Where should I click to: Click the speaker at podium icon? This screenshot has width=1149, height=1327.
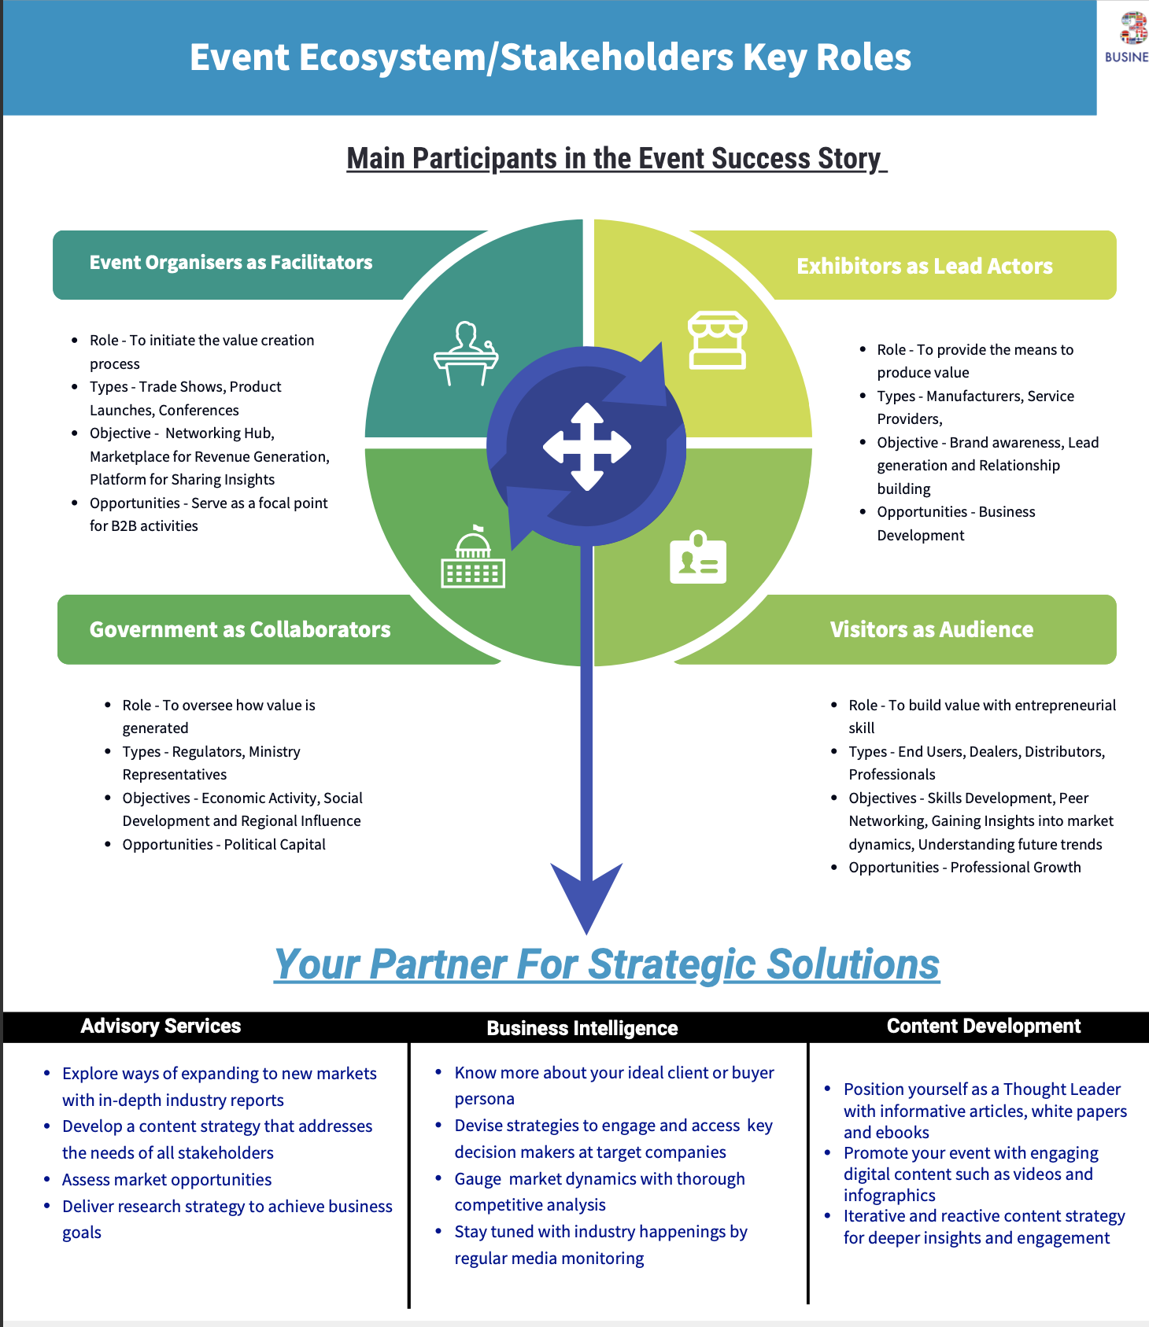[x=466, y=354]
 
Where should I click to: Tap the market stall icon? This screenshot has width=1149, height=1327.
[x=717, y=340]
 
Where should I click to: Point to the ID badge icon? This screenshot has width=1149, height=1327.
[x=698, y=558]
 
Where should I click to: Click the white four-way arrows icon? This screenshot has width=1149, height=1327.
[x=587, y=447]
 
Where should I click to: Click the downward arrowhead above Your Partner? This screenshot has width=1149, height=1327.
[x=587, y=897]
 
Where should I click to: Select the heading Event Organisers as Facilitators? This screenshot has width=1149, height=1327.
[x=231, y=263]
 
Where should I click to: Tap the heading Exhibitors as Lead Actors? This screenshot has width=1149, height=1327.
[x=924, y=266]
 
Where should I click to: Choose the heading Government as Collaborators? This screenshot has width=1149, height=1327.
[x=240, y=629]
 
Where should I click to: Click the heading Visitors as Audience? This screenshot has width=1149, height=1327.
[x=931, y=629]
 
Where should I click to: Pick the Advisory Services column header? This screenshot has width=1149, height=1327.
[x=161, y=1026]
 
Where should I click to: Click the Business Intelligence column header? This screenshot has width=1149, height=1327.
[x=582, y=1028]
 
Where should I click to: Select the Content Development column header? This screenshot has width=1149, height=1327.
[x=983, y=1026]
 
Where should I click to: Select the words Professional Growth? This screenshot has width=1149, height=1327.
[x=1015, y=867]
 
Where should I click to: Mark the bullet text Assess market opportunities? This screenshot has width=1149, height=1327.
[x=167, y=1179]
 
